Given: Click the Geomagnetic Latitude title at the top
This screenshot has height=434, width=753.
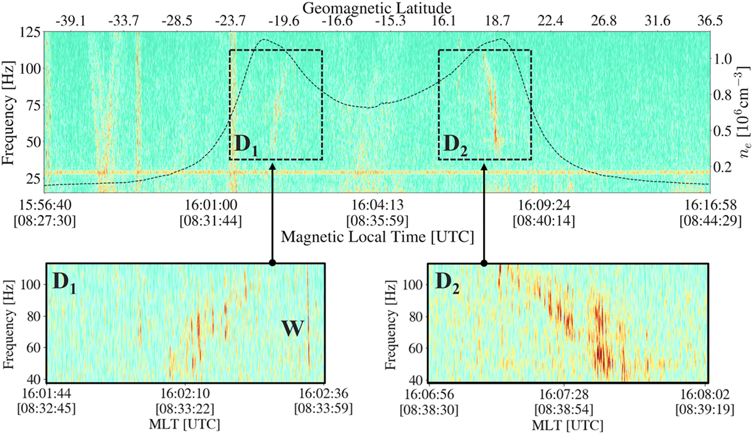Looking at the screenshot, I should pos(376,8).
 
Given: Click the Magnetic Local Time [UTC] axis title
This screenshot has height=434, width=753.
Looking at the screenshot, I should pos(376,237).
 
